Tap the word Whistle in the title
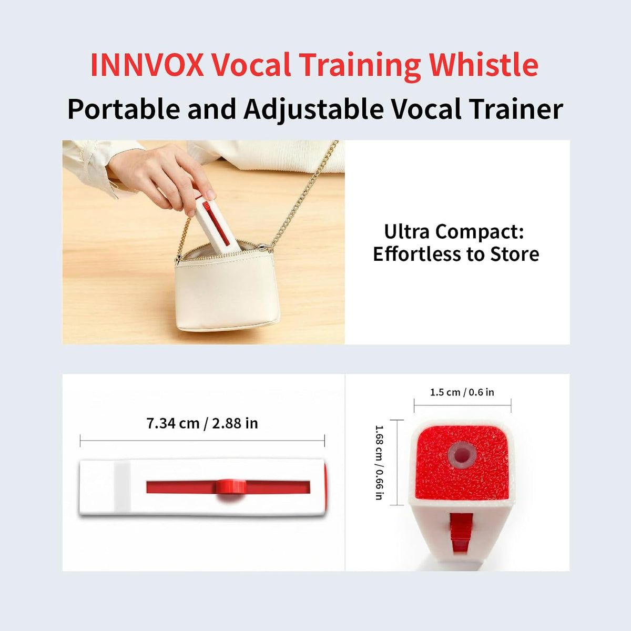point(484,65)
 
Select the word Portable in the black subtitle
point(124,109)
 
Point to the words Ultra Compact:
point(454,231)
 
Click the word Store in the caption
point(514,254)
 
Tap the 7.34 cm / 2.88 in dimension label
point(202,423)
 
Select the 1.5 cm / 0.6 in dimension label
point(462,392)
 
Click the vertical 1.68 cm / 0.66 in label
point(379,462)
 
